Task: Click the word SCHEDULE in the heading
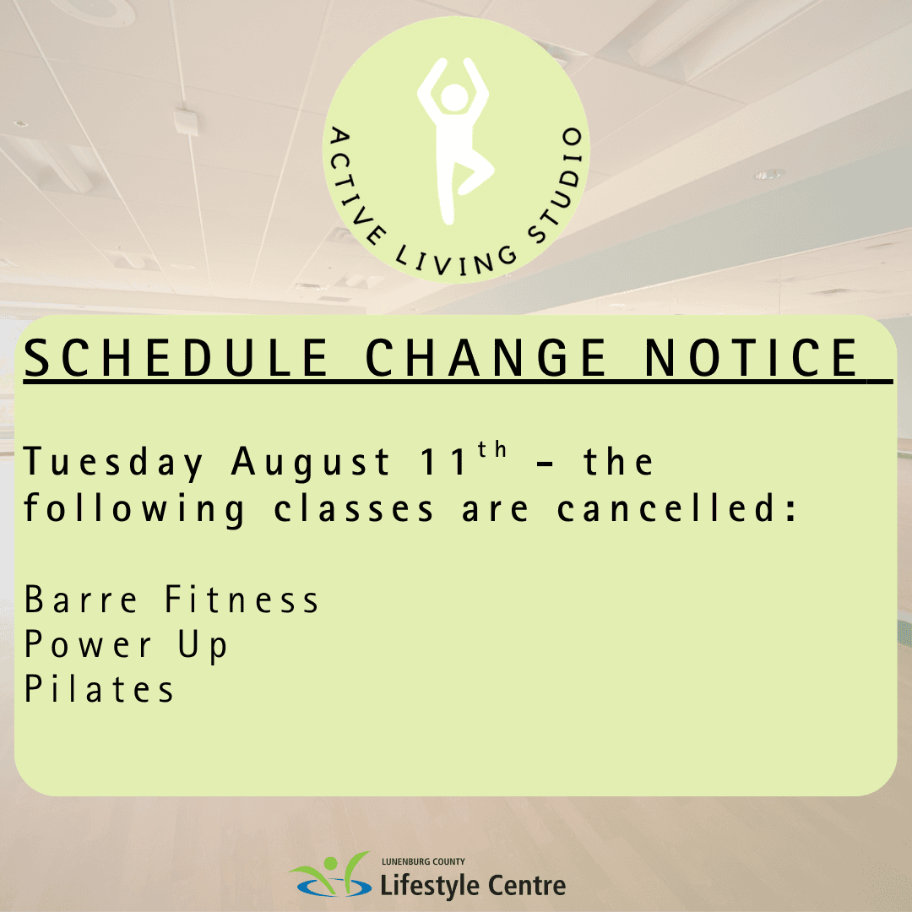click(176, 357)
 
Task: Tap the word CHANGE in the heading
click(486, 357)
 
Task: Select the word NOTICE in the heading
click(751, 357)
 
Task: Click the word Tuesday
click(113, 464)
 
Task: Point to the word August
click(310, 464)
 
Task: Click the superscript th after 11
click(492, 449)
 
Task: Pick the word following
click(134, 510)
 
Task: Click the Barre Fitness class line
click(171, 599)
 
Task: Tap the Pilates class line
click(99, 689)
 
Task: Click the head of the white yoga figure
click(454, 98)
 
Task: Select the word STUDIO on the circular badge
click(557, 185)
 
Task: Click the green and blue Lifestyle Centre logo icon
click(330, 875)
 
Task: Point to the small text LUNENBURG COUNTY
click(423, 861)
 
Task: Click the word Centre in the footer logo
click(526, 886)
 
